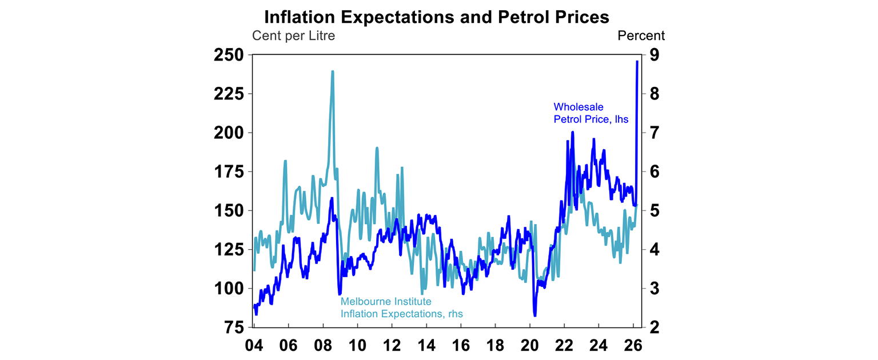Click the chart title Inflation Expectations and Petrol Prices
[436, 17]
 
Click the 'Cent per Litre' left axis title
[293, 35]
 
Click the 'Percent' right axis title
[641, 35]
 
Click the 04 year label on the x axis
[254, 346]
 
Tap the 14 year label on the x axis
[426, 346]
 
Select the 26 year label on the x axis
[633, 346]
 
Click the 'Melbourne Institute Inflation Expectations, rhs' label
[401, 307]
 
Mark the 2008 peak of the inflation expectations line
[332, 71]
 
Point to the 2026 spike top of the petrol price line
[637, 61]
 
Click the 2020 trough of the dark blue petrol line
[534, 315]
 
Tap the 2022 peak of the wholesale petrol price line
[572, 132]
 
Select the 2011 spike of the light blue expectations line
[377, 148]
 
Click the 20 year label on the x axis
[530, 346]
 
